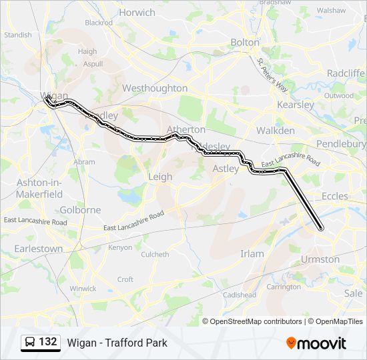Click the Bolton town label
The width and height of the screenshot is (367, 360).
[x=244, y=42]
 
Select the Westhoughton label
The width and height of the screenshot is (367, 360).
[x=155, y=88]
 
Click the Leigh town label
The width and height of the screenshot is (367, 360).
[x=160, y=177]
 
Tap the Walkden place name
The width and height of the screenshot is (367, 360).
[x=276, y=131]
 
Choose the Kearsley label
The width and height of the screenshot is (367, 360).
[x=295, y=105]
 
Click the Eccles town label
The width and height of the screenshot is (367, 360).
[x=334, y=196]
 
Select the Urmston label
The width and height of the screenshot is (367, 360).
[x=320, y=259]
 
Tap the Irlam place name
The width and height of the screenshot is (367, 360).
[x=252, y=253]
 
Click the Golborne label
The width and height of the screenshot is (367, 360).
[x=80, y=209]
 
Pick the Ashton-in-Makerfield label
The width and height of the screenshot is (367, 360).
[x=40, y=188]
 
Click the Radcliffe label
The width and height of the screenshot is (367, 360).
[x=346, y=73]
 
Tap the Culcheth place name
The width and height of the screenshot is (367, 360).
[x=155, y=254]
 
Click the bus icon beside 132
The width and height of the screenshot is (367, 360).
[x=30, y=343]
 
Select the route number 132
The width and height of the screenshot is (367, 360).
[x=48, y=342]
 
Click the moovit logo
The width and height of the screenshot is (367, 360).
[x=316, y=343]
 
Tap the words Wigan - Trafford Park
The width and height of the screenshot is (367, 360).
[x=117, y=343]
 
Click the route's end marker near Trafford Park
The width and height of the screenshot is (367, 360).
[x=321, y=229]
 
